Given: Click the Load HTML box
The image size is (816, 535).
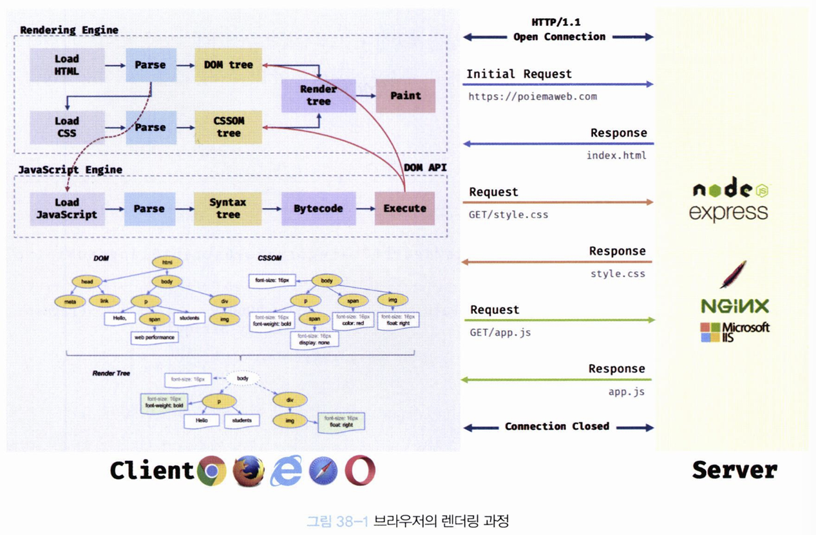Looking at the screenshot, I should click(x=67, y=64).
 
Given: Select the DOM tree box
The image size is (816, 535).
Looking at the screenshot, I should click(x=228, y=64).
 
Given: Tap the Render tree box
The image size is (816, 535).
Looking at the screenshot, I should click(x=318, y=95).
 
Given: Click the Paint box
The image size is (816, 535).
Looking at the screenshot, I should click(x=405, y=95).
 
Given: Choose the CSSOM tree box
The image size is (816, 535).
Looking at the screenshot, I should click(x=228, y=127).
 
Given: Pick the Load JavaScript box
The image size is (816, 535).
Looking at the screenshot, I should click(x=67, y=208).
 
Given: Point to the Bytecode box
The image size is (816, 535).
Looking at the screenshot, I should click(x=318, y=208).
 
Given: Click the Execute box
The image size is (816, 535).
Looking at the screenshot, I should click(x=404, y=208).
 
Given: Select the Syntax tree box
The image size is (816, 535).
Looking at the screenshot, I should click(x=228, y=208).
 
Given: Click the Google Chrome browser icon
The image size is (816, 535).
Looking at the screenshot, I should click(x=212, y=471).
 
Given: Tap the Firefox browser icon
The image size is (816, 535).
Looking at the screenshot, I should click(x=248, y=471).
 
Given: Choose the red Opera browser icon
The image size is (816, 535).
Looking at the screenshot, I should click(x=359, y=471).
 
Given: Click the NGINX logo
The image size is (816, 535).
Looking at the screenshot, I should click(x=734, y=305).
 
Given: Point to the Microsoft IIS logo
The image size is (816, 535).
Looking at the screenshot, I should click(x=734, y=331).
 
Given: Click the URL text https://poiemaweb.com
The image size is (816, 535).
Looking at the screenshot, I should click(x=532, y=97).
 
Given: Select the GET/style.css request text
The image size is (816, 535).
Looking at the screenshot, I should click(x=508, y=215).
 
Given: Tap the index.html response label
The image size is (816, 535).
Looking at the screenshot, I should click(x=616, y=156).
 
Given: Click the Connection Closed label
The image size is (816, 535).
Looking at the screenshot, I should click(x=556, y=426).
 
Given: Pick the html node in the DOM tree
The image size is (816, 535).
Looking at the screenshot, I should click(x=166, y=262).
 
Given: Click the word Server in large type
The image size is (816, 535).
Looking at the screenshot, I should click(x=734, y=470).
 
